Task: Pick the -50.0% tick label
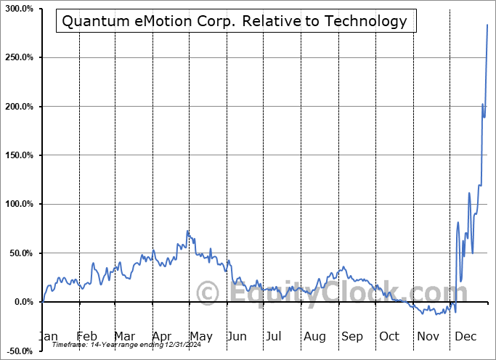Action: (20, 351)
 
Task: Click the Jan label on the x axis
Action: (48, 336)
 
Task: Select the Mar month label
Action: (124, 336)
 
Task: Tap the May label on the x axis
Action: (200, 336)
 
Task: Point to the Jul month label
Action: (274, 336)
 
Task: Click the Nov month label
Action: (428, 336)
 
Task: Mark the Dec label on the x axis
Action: (465, 336)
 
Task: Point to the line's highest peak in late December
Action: (487, 25)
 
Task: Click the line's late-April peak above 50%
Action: (187, 232)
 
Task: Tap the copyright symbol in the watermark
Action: (208, 293)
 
